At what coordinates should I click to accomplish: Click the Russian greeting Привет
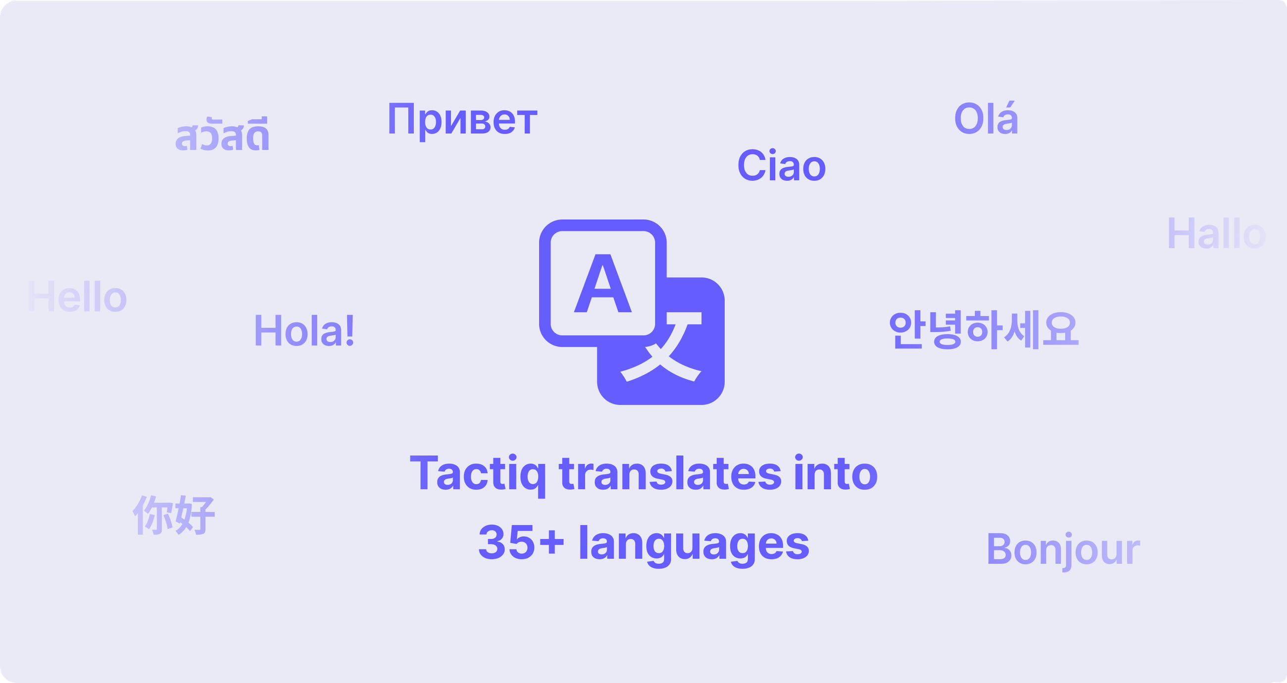pos(462,120)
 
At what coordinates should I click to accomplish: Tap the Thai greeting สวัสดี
pos(222,135)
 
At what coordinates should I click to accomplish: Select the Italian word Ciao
pos(782,166)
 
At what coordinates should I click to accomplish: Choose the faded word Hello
pos(78,297)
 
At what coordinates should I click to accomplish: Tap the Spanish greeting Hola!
pos(304,330)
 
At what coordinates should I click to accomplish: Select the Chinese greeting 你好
pos(174,515)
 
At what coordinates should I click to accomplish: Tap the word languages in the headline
pos(694,544)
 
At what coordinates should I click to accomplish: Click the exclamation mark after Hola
pos(350,330)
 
